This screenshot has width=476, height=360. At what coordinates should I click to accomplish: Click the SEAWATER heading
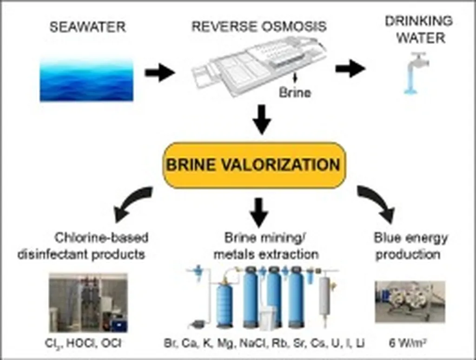pos(87,27)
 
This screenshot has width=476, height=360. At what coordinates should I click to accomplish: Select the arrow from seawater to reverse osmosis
pos(159,73)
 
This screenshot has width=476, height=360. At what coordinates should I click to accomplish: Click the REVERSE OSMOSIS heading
pos(258,27)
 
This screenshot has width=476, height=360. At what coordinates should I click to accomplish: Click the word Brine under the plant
pos(295,92)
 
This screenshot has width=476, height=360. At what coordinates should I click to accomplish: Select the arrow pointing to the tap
pos(350,69)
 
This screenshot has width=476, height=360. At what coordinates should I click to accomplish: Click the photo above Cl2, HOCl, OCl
pos(88,303)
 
